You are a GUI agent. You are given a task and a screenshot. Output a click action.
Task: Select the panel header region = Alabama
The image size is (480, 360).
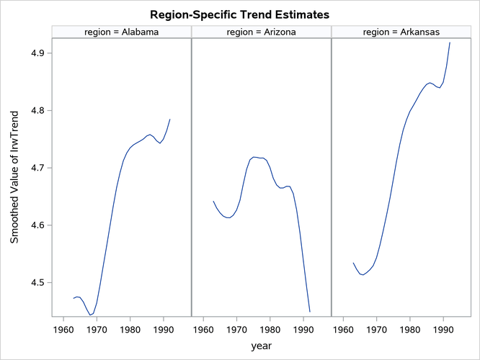[121, 32]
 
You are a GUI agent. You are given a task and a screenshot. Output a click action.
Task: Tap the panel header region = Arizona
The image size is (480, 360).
[261, 32]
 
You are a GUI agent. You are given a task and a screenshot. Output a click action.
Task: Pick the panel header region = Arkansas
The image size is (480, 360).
[400, 32]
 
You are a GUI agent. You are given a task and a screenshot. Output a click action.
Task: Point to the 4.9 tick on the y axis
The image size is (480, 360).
[37, 53]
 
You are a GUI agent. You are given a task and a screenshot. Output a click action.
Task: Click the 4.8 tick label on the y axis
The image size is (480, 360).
[37, 111]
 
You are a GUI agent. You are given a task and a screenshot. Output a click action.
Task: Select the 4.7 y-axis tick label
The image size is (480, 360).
[37, 168]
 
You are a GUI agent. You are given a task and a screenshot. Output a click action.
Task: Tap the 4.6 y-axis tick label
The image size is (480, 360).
[37, 225]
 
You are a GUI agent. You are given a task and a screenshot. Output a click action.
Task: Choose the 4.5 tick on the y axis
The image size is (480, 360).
[37, 283]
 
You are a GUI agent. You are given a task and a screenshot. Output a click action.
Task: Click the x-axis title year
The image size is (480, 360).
[262, 346]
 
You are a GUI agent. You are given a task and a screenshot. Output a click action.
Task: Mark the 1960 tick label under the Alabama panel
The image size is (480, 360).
[64, 330]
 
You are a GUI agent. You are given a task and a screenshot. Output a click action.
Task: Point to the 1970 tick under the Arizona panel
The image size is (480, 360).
[237, 330]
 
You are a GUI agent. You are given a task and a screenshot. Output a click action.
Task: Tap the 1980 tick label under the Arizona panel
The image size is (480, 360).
[270, 330]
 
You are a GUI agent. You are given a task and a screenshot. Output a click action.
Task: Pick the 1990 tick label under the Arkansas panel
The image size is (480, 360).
[443, 330]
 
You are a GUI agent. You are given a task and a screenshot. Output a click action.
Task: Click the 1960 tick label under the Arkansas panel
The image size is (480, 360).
[344, 330]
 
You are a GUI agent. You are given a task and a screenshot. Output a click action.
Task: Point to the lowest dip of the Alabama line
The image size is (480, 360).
[91, 315]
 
